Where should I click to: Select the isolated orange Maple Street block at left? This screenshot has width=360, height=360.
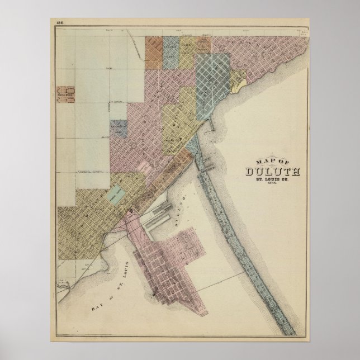[x=68, y=94]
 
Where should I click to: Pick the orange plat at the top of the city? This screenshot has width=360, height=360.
[x=154, y=54]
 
